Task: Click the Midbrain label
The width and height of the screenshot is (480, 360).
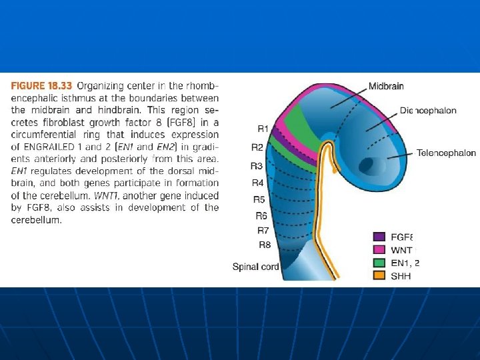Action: click(x=386, y=86)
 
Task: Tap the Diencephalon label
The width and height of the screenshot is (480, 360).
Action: click(x=428, y=111)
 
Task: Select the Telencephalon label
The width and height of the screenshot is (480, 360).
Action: click(x=446, y=153)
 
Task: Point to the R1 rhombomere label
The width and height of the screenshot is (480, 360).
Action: click(x=263, y=128)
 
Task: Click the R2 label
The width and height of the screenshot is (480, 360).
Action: click(x=257, y=147)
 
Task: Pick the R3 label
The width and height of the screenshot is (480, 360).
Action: click(x=257, y=165)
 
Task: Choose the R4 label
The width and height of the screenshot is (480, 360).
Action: click(x=258, y=183)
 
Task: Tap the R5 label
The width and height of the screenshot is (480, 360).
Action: click(x=259, y=199)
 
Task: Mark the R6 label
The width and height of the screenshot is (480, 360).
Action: click(x=261, y=215)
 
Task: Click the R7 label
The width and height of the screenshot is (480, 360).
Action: click(x=264, y=230)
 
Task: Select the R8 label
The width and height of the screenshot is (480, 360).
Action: click(x=265, y=245)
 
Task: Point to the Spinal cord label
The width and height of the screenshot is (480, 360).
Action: click(x=255, y=267)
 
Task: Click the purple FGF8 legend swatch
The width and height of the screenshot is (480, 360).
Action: click(x=379, y=236)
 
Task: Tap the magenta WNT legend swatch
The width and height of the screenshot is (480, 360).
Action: click(x=379, y=249)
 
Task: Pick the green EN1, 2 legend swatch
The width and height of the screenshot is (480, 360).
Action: click(x=379, y=262)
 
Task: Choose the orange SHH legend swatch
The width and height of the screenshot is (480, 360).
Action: click(x=379, y=275)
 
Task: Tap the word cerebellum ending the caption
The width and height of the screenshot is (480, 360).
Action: click(x=37, y=220)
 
